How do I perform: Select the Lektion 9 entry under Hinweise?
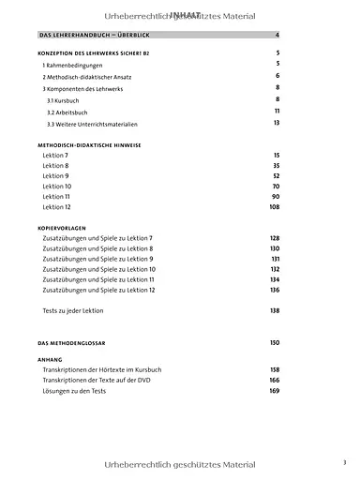(x=55, y=175)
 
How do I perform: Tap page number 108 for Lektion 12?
(x=275, y=207)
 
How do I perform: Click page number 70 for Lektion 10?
(x=276, y=186)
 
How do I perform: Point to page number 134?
(x=275, y=279)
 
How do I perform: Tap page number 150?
(x=275, y=343)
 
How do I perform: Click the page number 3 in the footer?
(x=344, y=462)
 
